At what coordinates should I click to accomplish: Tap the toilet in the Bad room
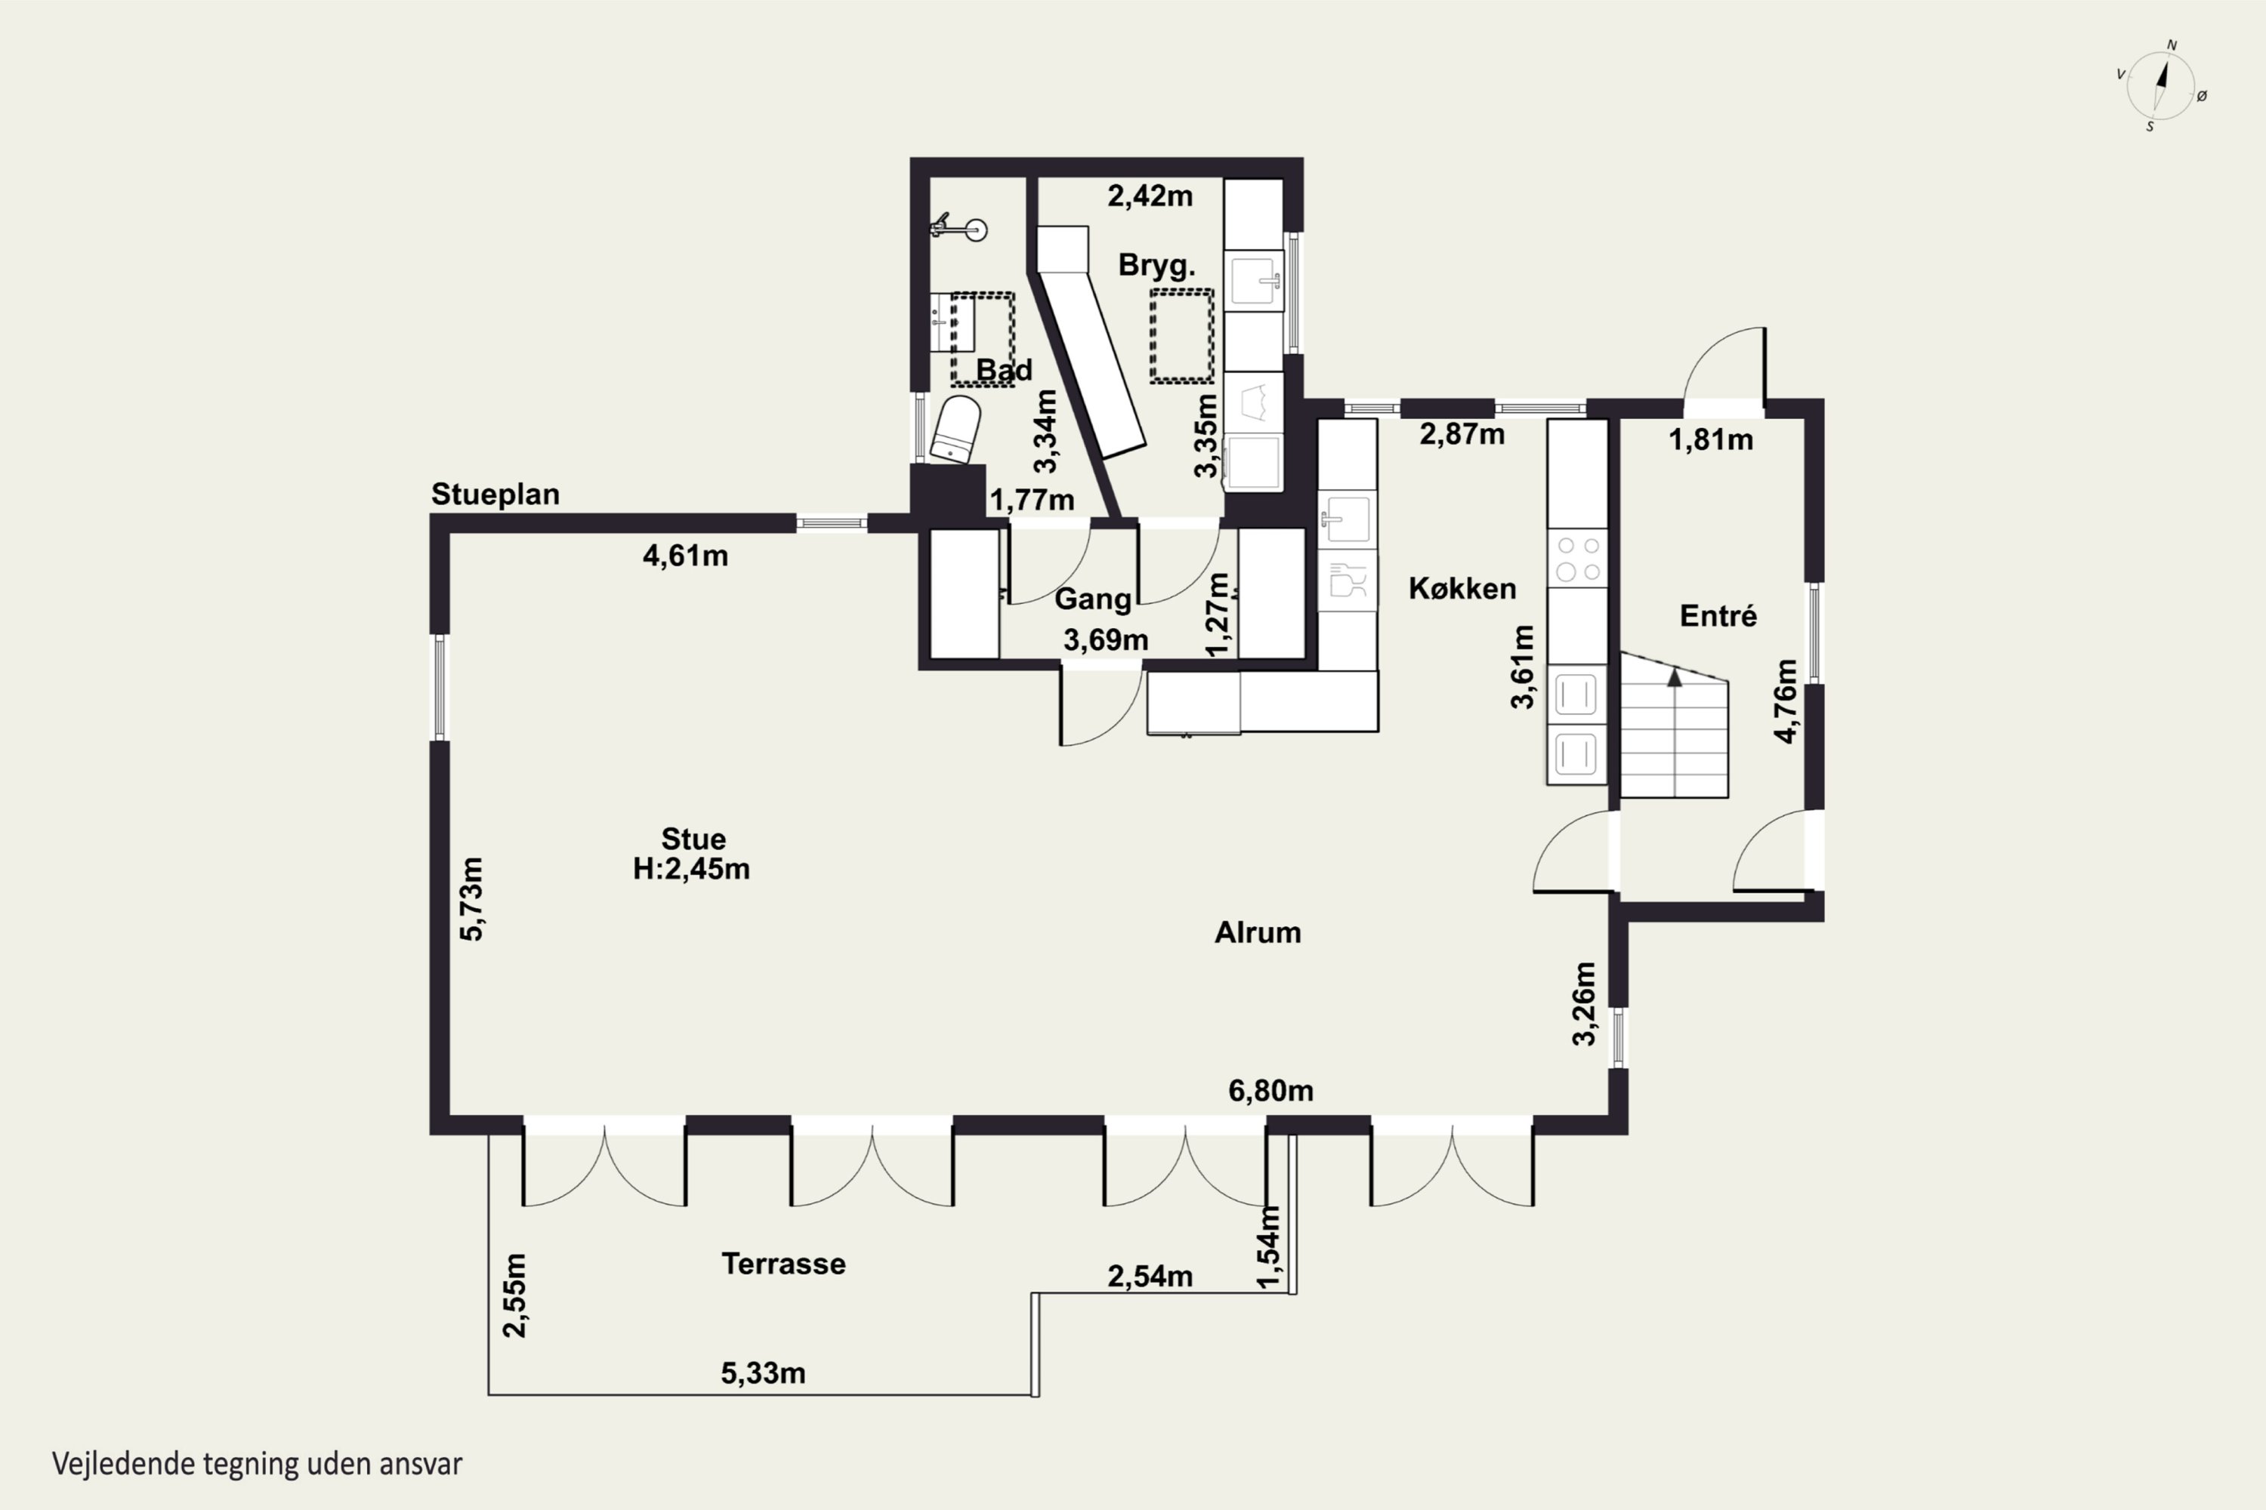(955, 430)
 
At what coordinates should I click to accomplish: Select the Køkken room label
(1462, 588)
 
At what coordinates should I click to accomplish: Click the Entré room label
(1718, 615)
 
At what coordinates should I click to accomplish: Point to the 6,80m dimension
(1270, 1090)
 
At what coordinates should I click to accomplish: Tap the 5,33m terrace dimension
(763, 1373)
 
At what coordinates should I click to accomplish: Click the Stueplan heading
(495, 494)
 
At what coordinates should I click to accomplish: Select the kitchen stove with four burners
(1577, 558)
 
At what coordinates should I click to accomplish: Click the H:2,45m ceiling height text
(691, 869)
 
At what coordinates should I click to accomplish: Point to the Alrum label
(1258, 932)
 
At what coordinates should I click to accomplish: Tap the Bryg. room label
(1156, 265)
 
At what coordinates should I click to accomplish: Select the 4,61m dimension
(685, 556)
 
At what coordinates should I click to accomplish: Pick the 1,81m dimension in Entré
(1710, 440)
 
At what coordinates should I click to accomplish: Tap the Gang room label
(1092, 599)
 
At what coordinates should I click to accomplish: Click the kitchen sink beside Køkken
(1346, 521)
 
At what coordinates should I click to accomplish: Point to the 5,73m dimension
(472, 898)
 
